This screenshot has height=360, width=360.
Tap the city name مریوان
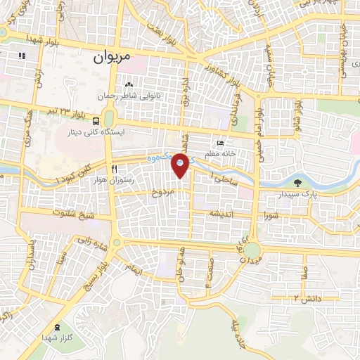coord(113,60)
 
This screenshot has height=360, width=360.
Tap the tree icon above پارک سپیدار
coord(299,183)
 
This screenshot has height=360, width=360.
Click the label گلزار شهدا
coord(56,339)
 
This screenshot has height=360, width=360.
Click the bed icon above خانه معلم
coord(221,143)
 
